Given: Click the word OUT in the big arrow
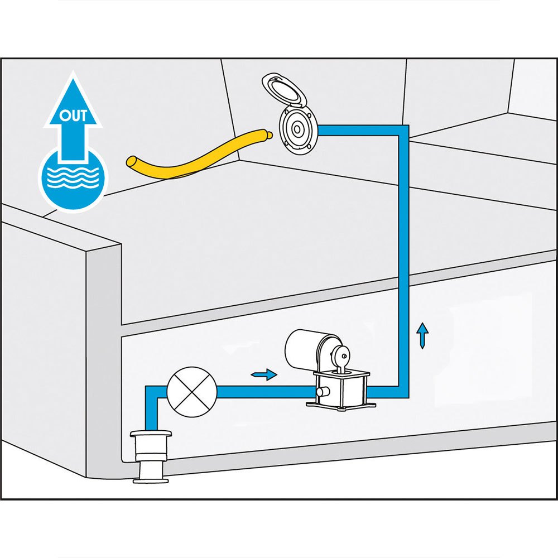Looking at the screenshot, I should coord(73,117).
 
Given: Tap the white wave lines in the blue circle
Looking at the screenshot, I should coord(73,179).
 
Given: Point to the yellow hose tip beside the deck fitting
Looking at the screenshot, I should coord(268,134).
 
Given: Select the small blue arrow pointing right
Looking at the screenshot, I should coord(264,374).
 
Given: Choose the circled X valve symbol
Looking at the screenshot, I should coord(191,392).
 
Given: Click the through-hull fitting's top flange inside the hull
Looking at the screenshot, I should coord(151,433).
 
